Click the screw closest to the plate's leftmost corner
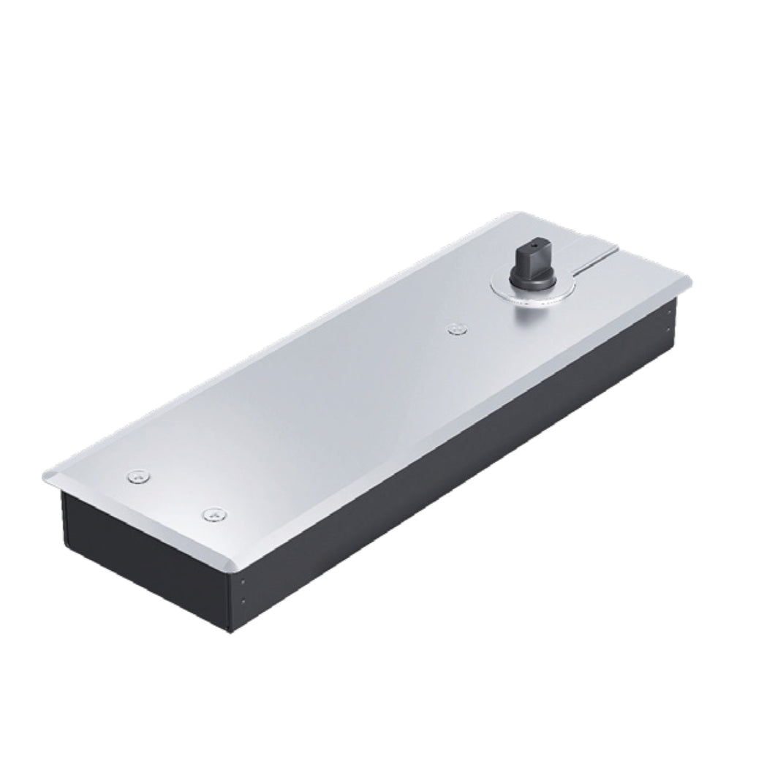tap(139, 477)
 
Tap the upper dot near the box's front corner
tap(242, 583)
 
